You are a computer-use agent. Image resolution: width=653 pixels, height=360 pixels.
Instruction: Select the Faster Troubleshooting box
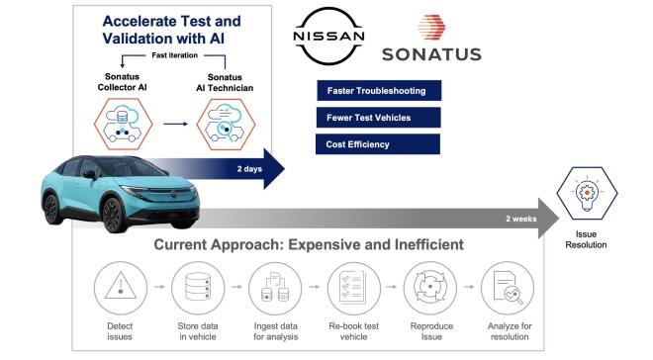[x=377, y=92]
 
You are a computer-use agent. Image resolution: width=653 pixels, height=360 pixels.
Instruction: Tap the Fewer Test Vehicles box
[x=377, y=118]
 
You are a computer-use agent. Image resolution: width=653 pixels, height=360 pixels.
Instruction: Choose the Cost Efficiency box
[x=377, y=144]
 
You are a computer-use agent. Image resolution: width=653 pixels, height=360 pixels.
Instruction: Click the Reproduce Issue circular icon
[x=422, y=288]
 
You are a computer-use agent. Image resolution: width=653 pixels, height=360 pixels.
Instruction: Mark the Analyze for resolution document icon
[x=503, y=288]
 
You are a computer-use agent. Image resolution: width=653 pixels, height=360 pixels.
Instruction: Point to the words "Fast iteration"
[x=153, y=55]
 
